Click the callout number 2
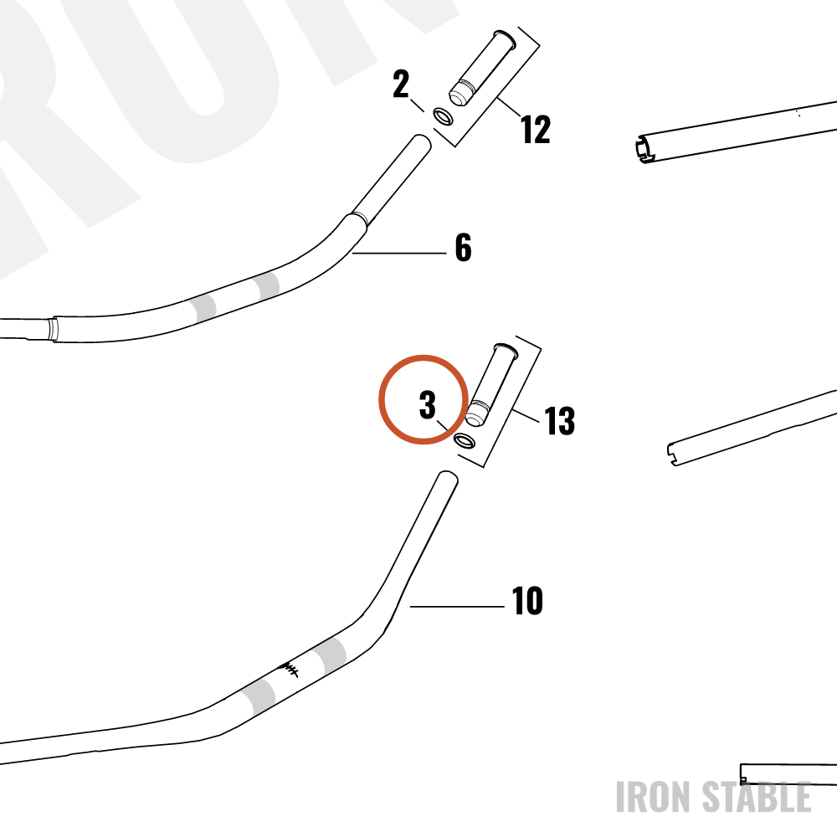pyautogui.click(x=401, y=85)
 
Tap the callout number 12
pyautogui.click(x=536, y=130)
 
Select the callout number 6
pyautogui.click(x=464, y=248)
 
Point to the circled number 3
pyautogui.click(x=427, y=405)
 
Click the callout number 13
pyautogui.click(x=559, y=421)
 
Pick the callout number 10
pyautogui.click(x=527, y=601)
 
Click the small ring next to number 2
pyautogui.click(x=443, y=116)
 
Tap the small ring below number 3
pyautogui.click(x=464, y=440)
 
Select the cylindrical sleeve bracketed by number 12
pyautogui.click(x=481, y=68)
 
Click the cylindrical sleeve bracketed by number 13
pyautogui.click(x=491, y=384)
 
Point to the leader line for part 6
pyautogui.click(x=399, y=253)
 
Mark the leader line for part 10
pyautogui.click(x=457, y=606)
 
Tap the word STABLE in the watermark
pyautogui.click(x=756, y=797)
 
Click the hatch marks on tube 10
pyautogui.click(x=290, y=669)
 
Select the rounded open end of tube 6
pyautogui.click(x=423, y=141)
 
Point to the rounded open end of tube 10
pyautogui.click(x=449, y=478)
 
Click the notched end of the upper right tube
pyautogui.click(x=644, y=149)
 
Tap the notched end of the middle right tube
pyautogui.click(x=674, y=454)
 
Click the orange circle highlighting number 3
pyautogui.click(x=424, y=355)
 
